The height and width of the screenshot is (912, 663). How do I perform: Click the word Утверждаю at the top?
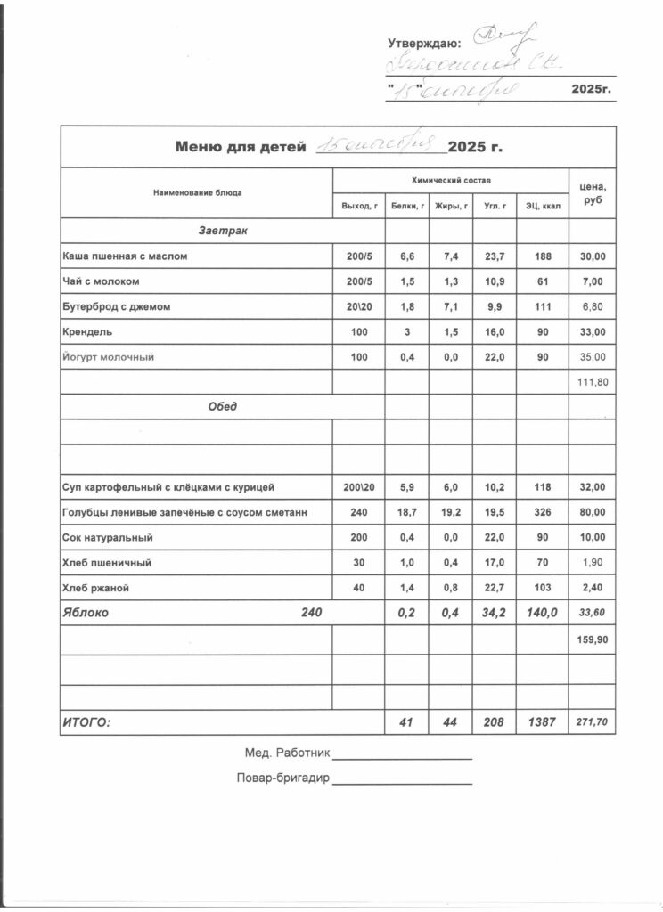pyautogui.click(x=424, y=43)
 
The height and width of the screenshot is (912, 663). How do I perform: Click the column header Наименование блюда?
pyautogui.click(x=197, y=192)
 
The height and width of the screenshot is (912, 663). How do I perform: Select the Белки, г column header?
pyautogui.click(x=407, y=207)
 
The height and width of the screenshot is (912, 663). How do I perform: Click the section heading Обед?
pyautogui.click(x=223, y=407)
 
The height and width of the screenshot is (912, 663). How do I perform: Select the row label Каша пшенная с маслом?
pyautogui.click(x=125, y=256)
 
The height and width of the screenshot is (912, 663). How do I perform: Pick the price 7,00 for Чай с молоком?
pyautogui.click(x=593, y=281)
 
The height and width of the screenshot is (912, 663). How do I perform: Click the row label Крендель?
pyautogui.click(x=87, y=332)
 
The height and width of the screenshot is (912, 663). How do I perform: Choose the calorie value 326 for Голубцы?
pyautogui.click(x=543, y=513)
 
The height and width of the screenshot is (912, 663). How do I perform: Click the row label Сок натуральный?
pyautogui.click(x=108, y=538)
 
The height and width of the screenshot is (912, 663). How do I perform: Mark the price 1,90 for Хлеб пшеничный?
pyautogui.click(x=593, y=563)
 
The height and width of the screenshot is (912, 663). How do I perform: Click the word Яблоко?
pyautogui.click(x=86, y=613)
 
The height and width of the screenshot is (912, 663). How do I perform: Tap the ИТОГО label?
pyautogui.click(x=86, y=722)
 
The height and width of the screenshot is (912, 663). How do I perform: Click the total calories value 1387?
pyautogui.click(x=543, y=722)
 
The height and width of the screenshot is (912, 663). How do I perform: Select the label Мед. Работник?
pyautogui.click(x=287, y=753)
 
